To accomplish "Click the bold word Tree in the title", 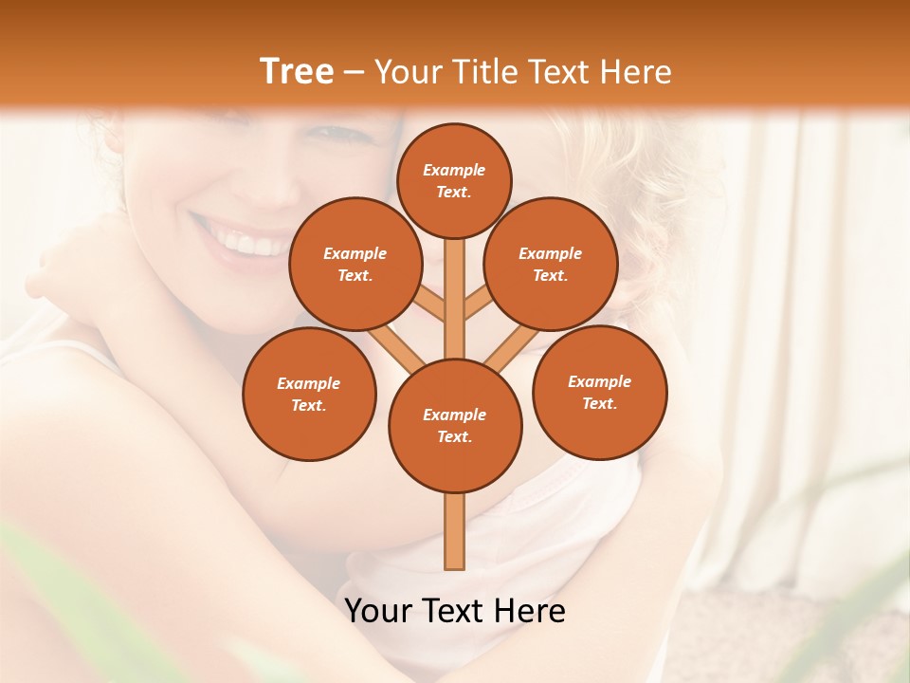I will tap(297, 72).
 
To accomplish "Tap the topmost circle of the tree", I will tap(454, 180).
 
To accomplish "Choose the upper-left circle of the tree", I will tap(355, 264).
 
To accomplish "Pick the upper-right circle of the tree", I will tap(551, 264).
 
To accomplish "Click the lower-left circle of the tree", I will tap(308, 394).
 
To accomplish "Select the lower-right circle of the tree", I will tap(599, 392).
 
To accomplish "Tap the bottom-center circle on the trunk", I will tap(455, 425).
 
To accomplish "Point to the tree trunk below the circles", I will tap(455, 531).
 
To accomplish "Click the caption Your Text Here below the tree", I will tap(455, 611).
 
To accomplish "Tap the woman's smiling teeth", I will tap(248, 243).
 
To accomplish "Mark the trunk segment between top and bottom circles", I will tap(455, 304).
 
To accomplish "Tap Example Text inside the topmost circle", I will tap(454, 180).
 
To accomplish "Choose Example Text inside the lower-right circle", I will tap(599, 392).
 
